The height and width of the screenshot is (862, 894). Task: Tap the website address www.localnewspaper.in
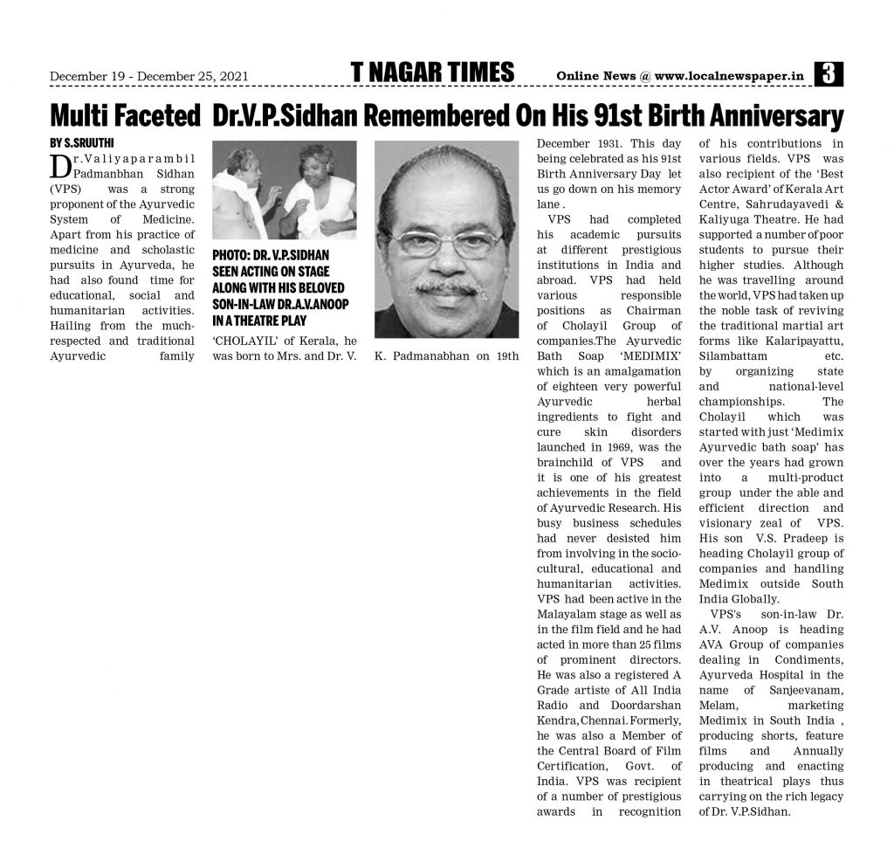coord(729,76)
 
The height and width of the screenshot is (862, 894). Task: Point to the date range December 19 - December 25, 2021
coord(149,77)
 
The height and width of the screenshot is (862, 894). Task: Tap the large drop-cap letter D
coord(60,166)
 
